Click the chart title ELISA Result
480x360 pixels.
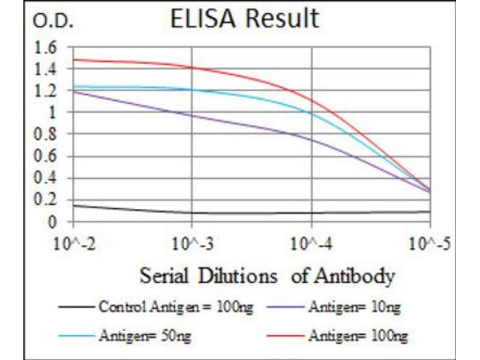point(245,19)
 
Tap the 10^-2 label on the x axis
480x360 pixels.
point(73,244)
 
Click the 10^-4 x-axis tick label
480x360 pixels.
point(311,244)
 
